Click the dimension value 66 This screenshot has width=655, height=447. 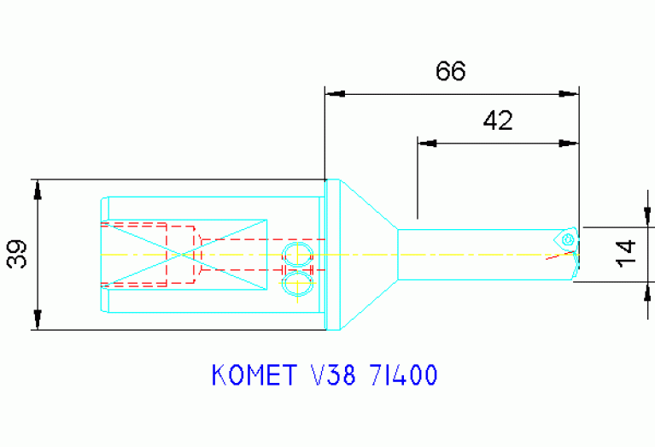click(x=450, y=71)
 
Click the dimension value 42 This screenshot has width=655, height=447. click(x=498, y=121)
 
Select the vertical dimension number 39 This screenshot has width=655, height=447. click(x=18, y=254)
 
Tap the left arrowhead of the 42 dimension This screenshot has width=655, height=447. click(x=427, y=143)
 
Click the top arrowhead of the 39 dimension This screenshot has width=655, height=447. click(x=38, y=189)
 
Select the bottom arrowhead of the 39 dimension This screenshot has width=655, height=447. click(x=38, y=320)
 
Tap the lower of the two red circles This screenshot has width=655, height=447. click(x=298, y=283)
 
